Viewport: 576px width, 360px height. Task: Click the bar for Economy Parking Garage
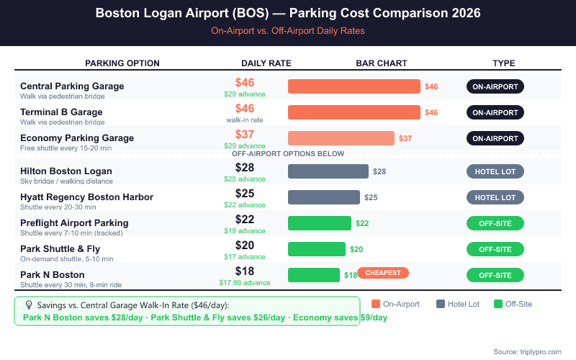(x=341, y=138)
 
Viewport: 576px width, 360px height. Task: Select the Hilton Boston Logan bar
(x=328, y=171)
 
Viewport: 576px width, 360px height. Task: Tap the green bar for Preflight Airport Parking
(x=320, y=223)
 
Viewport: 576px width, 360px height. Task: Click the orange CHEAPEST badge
(x=383, y=273)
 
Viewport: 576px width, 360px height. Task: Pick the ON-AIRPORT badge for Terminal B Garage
(x=495, y=112)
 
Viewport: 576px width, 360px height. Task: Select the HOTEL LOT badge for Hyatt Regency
(x=495, y=197)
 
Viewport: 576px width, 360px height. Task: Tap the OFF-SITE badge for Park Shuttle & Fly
(x=495, y=249)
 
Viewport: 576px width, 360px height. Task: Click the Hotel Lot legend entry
(x=458, y=304)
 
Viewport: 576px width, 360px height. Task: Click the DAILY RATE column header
(x=266, y=63)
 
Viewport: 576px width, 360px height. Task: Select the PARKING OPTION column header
(x=122, y=63)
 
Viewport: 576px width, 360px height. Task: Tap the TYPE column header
(x=504, y=63)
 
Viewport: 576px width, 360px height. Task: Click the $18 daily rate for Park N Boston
(x=245, y=271)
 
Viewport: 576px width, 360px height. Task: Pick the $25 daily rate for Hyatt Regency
(x=245, y=194)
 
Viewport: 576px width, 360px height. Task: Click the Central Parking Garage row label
(x=72, y=86)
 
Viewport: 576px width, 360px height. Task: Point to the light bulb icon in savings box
(x=29, y=305)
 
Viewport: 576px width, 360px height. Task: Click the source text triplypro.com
(x=527, y=351)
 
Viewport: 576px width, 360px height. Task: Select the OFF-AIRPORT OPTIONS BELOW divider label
(x=288, y=154)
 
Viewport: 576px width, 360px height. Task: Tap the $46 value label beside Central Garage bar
(x=431, y=86)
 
